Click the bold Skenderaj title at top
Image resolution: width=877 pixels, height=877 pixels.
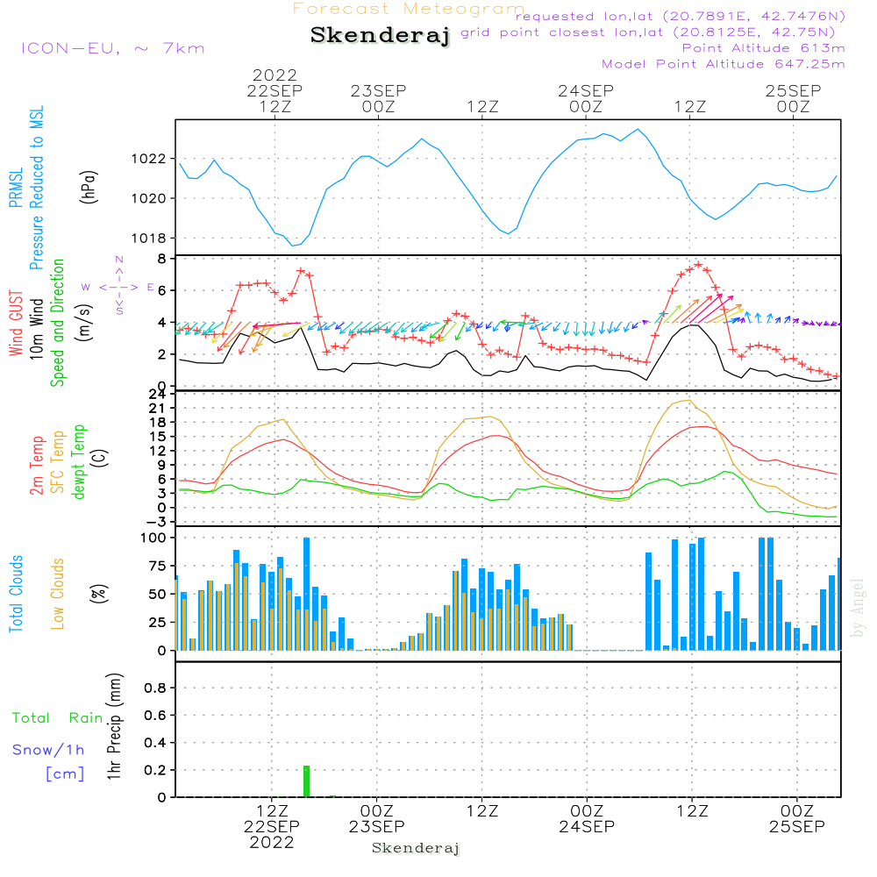click(380, 35)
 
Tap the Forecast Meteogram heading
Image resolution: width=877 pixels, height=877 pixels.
click(409, 9)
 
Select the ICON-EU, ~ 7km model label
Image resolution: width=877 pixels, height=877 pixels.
click(113, 48)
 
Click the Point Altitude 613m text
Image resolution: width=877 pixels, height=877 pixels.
click(763, 48)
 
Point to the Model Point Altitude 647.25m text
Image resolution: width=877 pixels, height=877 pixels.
click(723, 64)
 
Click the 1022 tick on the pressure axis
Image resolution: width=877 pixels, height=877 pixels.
click(148, 159)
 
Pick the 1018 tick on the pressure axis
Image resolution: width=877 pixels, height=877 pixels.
click(148, 239)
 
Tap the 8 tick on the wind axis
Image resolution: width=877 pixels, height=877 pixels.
click(161, 259)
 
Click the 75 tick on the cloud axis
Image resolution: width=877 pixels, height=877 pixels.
click(157, 566)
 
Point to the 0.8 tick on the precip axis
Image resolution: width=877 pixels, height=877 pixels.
click(155, 688)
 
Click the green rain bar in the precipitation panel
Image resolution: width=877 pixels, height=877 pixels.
click(306, 781)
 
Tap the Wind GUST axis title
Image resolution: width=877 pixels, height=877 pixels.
click(16, 323)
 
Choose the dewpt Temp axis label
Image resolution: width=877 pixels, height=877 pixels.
click(79, 461)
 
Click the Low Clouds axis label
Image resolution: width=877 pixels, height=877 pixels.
click(58, 594)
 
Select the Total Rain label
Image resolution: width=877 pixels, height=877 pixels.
click(58, 717)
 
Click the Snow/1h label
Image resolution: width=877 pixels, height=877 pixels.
click(48, 750)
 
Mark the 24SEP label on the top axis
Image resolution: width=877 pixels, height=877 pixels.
click(586, 90)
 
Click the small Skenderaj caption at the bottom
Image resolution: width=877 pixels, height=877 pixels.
click(416, 848)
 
